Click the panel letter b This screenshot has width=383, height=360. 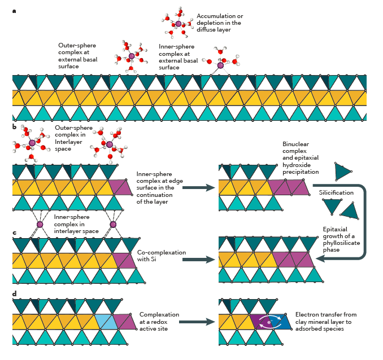(x=15, y=127)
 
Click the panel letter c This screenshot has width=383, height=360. (x=14, y=232)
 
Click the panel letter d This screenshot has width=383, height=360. (x=14, y=294)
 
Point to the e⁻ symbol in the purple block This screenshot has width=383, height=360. (x=269, y=322)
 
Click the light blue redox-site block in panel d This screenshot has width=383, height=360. (x=106, y=322)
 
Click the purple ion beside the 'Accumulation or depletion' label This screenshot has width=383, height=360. (x=179, y=24)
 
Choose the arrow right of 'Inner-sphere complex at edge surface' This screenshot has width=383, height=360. (x=198, y=187)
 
